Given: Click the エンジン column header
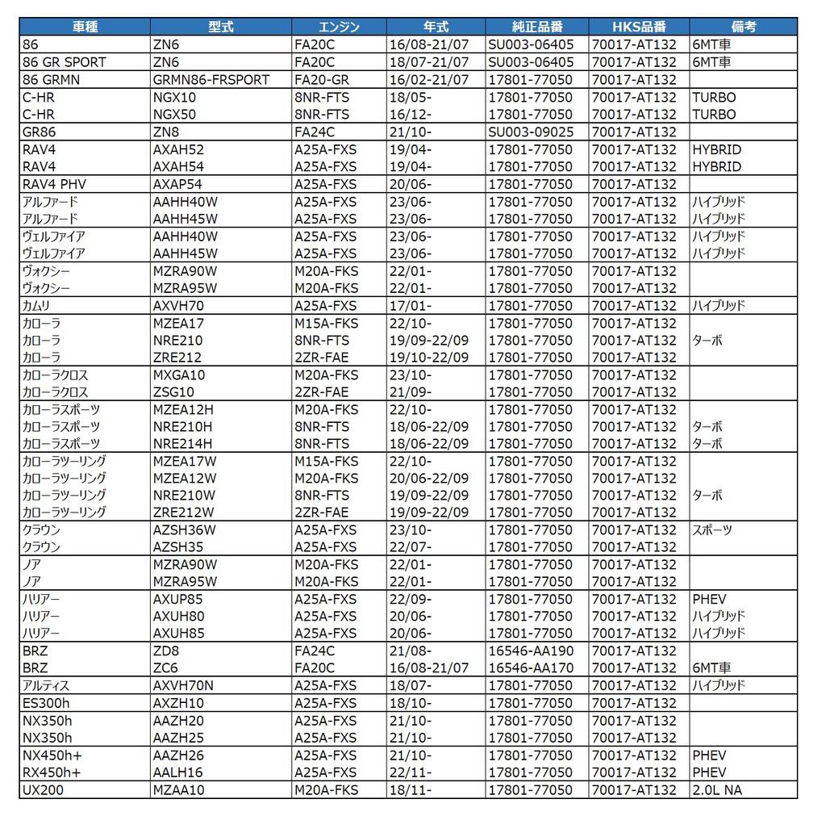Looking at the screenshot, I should pos(339,27).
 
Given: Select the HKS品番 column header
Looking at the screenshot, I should pos(639,27).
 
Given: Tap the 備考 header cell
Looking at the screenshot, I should pos(742,27).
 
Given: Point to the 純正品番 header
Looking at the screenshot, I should pos(536,27).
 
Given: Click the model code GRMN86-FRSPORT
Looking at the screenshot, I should pos(211,79).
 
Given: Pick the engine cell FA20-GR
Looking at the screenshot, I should pos(322,79).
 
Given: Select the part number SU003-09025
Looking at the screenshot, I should pos(532,132).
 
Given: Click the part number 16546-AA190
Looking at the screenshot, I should pos(531,651).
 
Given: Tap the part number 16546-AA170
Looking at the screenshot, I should pos(531,668).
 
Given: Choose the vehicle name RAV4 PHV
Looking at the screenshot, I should pos(54,184).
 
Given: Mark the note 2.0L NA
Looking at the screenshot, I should pos(717,790).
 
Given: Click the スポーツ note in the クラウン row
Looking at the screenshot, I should pos(712,530).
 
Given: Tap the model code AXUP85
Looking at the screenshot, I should pos(177,599).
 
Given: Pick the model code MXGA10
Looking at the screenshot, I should pos(179,375).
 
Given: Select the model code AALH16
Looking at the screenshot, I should pos(178,772).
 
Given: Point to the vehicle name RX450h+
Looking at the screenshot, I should pos(52,772).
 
